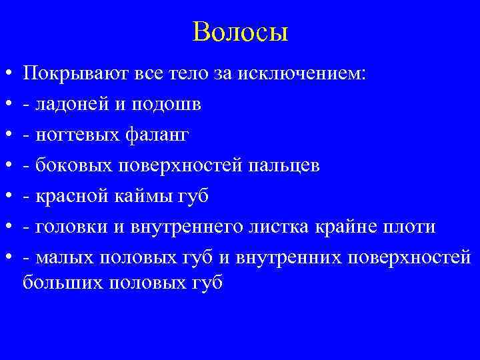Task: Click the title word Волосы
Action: point(240,32)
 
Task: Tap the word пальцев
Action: point(287,166)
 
